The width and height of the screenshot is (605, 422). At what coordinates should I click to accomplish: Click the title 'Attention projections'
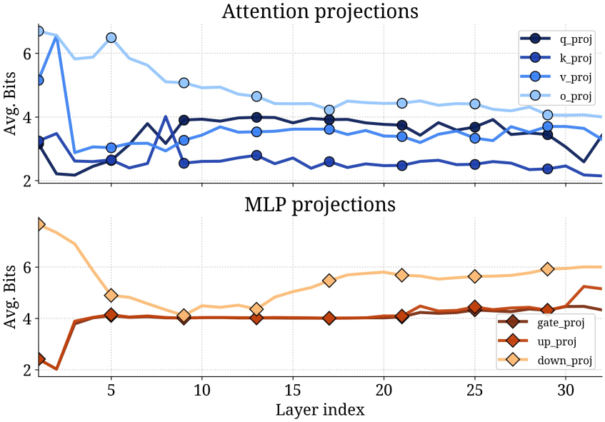pos(319,11)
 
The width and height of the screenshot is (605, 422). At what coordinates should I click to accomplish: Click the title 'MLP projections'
pos(319,204)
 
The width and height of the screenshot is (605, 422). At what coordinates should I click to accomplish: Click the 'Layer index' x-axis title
pos(319,410)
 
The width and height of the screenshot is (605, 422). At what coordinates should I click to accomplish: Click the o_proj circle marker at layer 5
pos(111,37)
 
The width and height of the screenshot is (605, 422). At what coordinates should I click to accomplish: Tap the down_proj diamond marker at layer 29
pos(547,269)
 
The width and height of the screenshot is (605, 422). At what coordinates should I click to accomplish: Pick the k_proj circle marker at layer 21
pos(401,165)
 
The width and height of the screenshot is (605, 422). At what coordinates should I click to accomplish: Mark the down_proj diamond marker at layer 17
pos(329,281)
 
